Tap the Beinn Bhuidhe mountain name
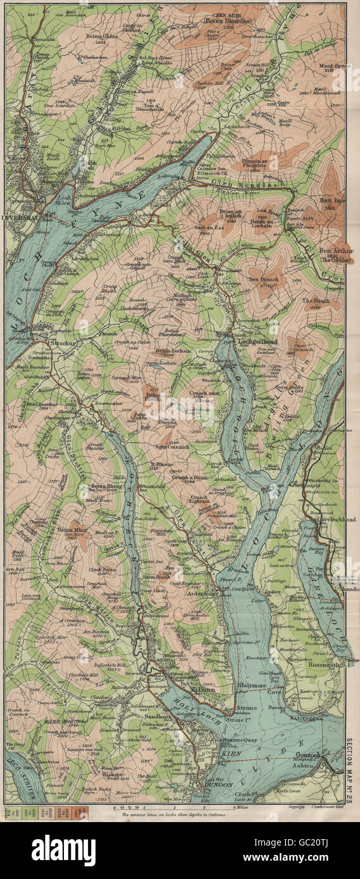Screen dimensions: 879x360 [227, 21]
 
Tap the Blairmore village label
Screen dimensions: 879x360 [249, 692]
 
